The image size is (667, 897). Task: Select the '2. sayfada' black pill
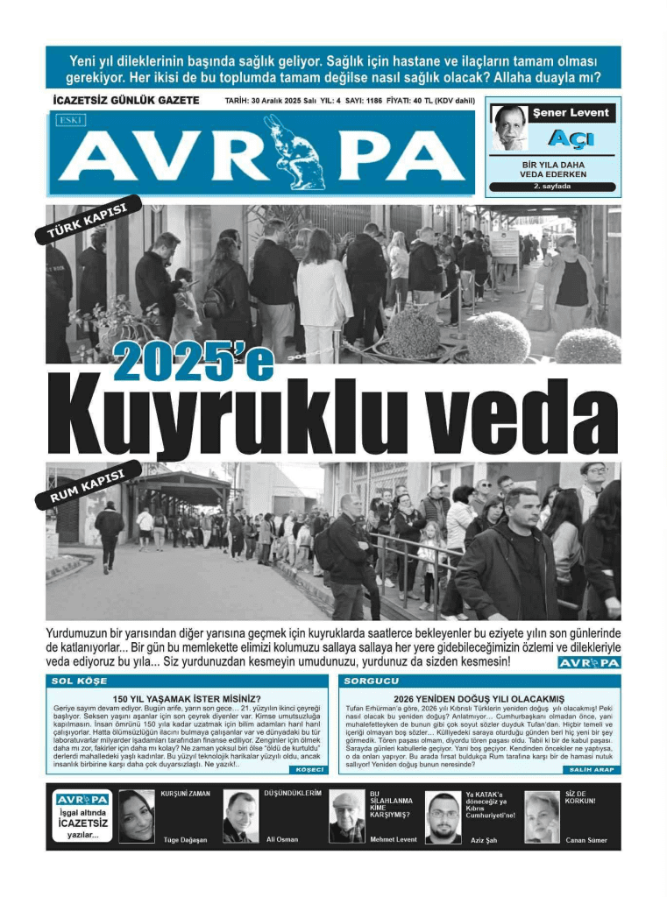(x=552, y=186)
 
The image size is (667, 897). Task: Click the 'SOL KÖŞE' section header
(x=80, y=681)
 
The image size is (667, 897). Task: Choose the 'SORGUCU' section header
(x=372, y=681)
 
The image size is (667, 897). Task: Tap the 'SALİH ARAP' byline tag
(x=593, y=769)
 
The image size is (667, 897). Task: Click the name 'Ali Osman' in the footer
(x=281, y=839)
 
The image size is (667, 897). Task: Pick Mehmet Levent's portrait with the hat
(x=347, y=817)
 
